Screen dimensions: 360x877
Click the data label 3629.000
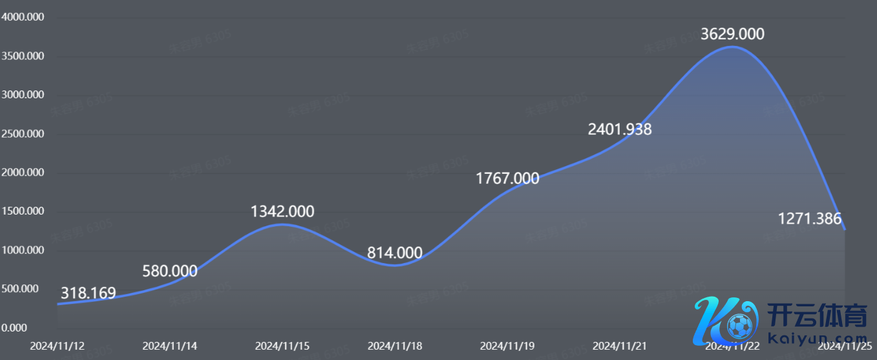pyautogui.click(x=732, y=34)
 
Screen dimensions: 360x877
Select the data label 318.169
pyautogui.click(x=88, y=293)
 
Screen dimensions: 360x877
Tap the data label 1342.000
pyautogui.click(x=282, y=211)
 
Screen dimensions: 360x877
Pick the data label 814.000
pyautogui.click(x=395, y=253)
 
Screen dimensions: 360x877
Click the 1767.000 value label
pyautogui.click(x=507, y=178)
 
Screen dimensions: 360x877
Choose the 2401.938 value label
pyautogui.click(x=620, y=129)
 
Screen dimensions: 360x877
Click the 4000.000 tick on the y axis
pyautogui.click(x=23, y=17)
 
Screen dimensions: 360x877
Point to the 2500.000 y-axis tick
pyautogui.click(x=23, y=134)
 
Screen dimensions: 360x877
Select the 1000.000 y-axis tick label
pyautogui.click(x=23, y=250)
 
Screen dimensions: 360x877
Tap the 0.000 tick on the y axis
pyautogui.click(x=14, y=328)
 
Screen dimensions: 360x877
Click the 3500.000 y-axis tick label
pyautogui.click(x=23, y=56)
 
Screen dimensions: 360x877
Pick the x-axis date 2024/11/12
pyautogui.click(x=58, y=346)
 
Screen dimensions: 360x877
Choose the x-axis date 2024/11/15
pyautogui.click(x=282, y=346)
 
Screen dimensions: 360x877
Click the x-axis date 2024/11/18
pyautogui.click(x=395, y=346)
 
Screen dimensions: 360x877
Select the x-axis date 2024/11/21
pyautogui.click(x=620, y=346)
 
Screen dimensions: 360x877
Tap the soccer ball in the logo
pyautogui.click(x=739, y=325)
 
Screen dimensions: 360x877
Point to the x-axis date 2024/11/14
pyautogui.click(x=170, y=346)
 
